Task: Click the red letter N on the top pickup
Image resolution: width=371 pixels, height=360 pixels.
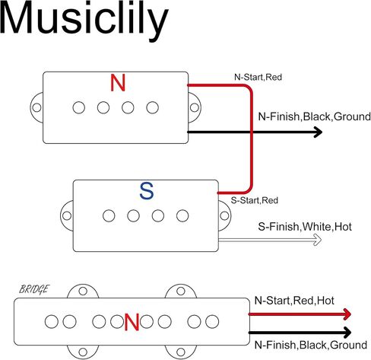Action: [x=118, y=83]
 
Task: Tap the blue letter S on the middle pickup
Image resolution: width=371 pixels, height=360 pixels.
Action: [x=147, y=191]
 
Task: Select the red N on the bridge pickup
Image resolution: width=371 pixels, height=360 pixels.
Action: [x=132, y=322]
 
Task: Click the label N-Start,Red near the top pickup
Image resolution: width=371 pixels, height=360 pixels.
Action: [x=258, y=77]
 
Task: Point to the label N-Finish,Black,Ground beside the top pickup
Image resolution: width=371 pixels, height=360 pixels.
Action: [x=314, y=116]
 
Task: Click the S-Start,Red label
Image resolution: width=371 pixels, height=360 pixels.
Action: [x=255, y=200]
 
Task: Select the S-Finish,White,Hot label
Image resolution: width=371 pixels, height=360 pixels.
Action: [x=305, y=227]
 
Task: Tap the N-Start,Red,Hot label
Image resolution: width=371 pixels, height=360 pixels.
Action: [x=294, y=301]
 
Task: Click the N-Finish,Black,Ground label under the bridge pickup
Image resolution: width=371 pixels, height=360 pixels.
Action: [x=311, y=345]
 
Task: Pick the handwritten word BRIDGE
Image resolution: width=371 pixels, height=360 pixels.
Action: [x=34, y=289]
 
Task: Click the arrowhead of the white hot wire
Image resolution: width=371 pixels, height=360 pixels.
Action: [x=318, y=240]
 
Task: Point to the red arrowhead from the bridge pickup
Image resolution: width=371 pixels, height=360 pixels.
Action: [x=347, y=314]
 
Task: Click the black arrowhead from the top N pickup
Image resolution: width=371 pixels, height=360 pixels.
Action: [x=318, y=132]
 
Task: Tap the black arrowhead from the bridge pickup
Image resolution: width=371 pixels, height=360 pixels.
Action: [x=347, y=333]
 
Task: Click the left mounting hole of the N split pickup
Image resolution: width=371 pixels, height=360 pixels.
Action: [x=36, y=107]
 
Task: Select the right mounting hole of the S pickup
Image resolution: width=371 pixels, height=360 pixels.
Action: [x=224, y=216]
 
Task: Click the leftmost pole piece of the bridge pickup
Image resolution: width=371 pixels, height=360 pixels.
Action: [x=52, y=321]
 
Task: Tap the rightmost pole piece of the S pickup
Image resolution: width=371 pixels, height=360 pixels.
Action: [x=182, y=216]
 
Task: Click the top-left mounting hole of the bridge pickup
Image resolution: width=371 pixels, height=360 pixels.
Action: [x=83, y=291]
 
